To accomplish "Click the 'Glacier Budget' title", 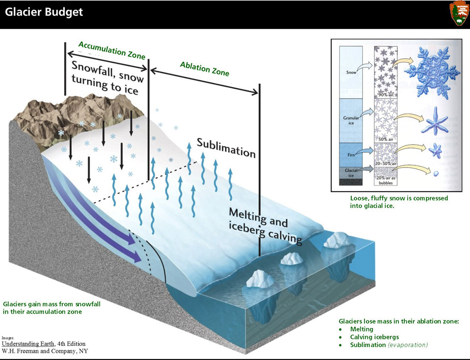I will [x=44, y=12].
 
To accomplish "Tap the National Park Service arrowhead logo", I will [x=458, y=13].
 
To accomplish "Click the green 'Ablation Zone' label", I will [x=204, y=69].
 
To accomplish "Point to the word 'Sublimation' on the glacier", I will [x=226, y=147].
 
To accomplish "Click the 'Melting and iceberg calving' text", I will [x=265, y=225].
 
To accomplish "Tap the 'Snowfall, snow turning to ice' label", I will [x=108, y=77].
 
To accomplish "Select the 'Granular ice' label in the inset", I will [x=351, y=120].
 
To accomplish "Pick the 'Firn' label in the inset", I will [x=352, y=153].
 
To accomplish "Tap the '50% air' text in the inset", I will [x=386, y=139].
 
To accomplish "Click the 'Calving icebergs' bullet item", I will [x=374, y=337].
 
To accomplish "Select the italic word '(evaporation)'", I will [x=408, y=345].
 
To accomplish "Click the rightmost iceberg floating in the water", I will [x=336, y=240].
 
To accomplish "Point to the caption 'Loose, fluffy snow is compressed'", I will [x=399, y=198].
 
